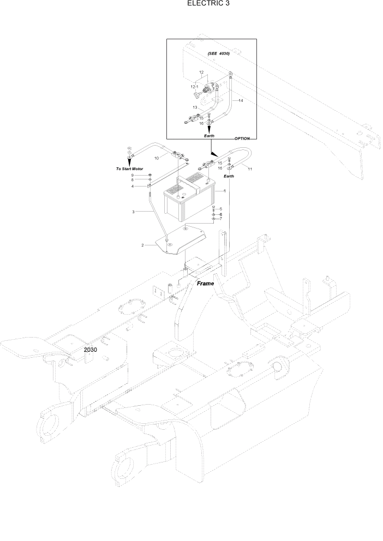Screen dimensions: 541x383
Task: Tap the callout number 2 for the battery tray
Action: (x=143, y=245)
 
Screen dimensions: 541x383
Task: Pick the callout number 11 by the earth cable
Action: (x=250, y=170)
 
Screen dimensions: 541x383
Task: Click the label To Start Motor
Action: (x=129, y=169)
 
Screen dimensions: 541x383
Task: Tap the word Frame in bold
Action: (x=205, y=284)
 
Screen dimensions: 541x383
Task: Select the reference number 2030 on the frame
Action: (x=91, y=350)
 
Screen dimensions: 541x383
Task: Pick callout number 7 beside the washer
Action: (x=220, y=219)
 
